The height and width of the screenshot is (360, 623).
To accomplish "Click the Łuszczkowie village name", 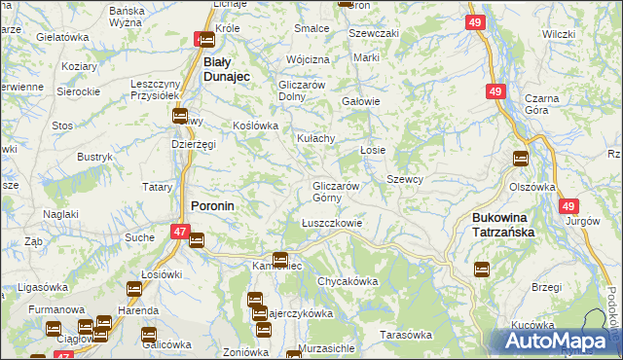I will point(332,222).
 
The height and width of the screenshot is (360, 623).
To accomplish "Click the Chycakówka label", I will point(347,281).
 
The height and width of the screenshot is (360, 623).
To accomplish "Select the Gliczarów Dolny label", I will point(307,90).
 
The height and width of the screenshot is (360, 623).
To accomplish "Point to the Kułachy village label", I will point(316,139).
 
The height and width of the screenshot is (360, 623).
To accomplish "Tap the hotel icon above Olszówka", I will point(521,159).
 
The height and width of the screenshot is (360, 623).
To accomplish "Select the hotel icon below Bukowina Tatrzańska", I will point(481,270).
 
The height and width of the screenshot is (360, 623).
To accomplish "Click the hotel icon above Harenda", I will point(133,289).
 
